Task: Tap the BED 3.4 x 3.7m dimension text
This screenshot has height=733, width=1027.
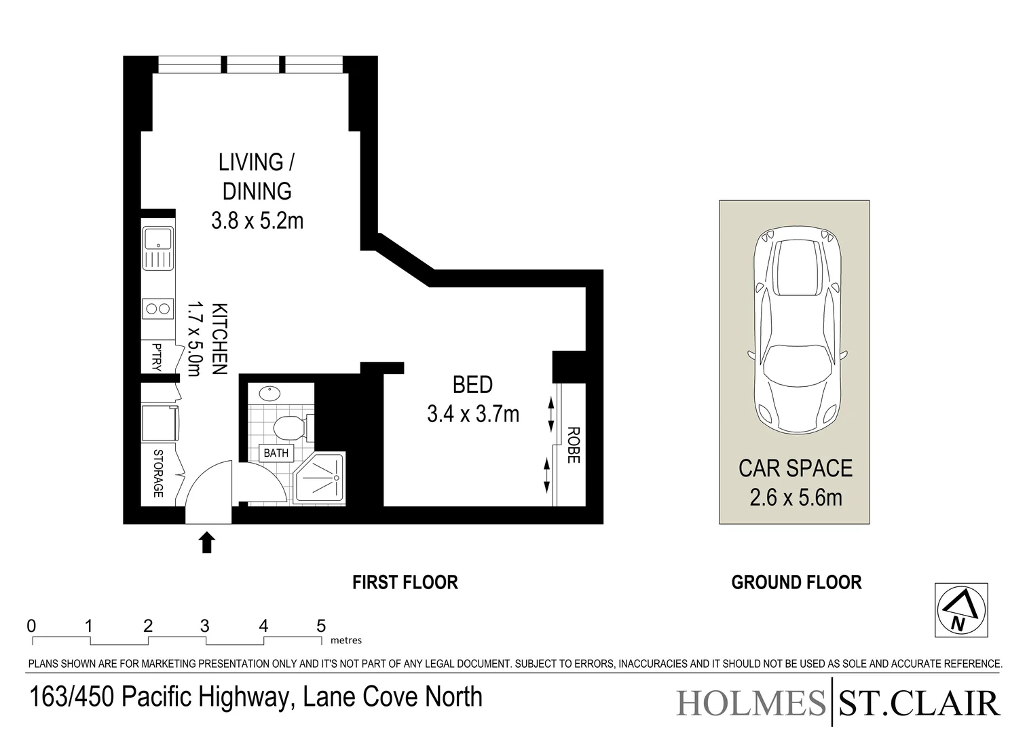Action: pyautogui.click(x=472, y=413)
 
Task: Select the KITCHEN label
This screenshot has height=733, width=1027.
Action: pyautogui.click(x=219, y=339)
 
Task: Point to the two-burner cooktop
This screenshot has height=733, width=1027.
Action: pyautogui.click(x=158, y=309)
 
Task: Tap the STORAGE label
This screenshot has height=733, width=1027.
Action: pyautogui.click(x=158, y=473)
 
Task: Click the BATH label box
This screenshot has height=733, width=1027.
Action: pyautogui.click(x=276, y=453)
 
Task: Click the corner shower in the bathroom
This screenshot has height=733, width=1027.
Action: pyautogui.click(x=320, y=479)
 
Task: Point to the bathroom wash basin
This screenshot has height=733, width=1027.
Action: pyautogui.click(x=269, y=393)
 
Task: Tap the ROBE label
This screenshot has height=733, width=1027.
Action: pyautogui.click(x=572, y=445)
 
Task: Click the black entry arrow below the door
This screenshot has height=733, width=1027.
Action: pyautogui.click(x=207, y=543)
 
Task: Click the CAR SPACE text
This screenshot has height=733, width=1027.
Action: pyautogui.click(x=796, y=468)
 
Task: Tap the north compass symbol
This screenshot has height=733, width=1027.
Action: pyautogui.click(x=960, y=610)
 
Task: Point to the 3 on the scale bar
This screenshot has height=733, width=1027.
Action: pyautogui.click(x=205, y=626)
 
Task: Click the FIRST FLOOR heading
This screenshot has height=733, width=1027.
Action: pyautogui.click(x=405, y=582)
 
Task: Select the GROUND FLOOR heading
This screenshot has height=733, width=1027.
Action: pyautogui.click(x=796, y=582)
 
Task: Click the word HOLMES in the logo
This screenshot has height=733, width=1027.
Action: pyautogui.click(x=750, y=703)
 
